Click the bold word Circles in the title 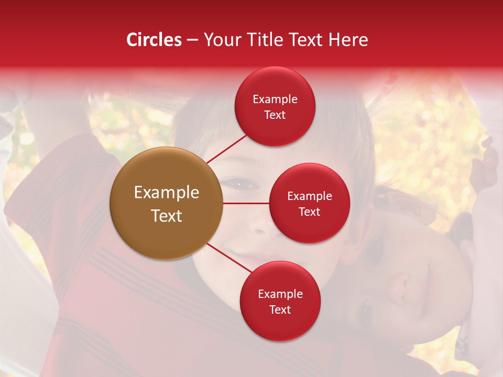154,40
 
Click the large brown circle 167,203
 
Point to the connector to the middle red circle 246,203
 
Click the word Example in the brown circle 167,193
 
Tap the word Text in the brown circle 167,216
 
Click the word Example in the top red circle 275,99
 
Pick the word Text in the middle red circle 310,212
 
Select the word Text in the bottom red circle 280,309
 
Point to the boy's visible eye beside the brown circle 240,184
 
